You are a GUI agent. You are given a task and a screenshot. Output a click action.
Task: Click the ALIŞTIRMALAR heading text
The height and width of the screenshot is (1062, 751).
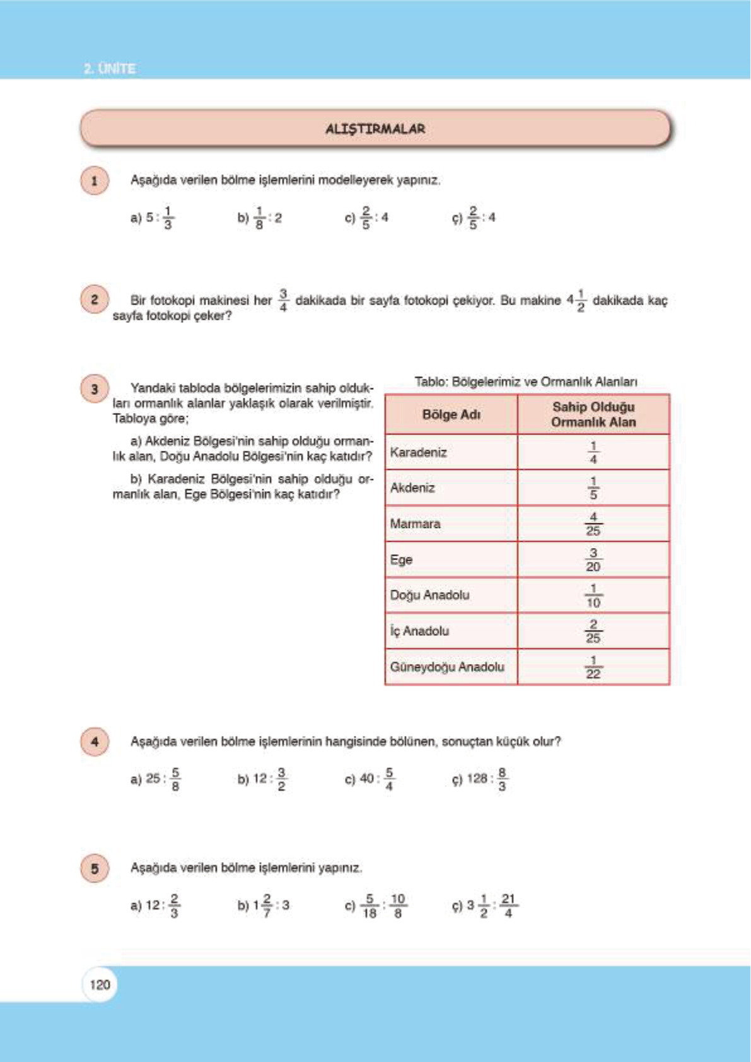[x=375, y=129]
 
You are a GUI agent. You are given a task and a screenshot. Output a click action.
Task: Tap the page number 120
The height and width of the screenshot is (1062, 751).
[x=100, y=984]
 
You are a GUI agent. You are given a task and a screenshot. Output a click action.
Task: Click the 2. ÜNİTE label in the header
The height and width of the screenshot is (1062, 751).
[x=110, y=68]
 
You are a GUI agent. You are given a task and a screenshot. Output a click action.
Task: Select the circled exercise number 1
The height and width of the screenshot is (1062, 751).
[x=95, y=181]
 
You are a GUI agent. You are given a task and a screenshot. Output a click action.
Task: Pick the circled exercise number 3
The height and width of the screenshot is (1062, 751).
[x=95, y=389]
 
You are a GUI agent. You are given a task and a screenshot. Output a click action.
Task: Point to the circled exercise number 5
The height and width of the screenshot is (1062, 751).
[x=95, y=868]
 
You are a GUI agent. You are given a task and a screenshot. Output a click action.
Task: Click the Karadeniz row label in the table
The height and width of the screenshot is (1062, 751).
[x=418, y=452]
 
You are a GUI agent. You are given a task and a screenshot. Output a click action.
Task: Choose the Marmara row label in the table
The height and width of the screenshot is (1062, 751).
[x=415, y=523]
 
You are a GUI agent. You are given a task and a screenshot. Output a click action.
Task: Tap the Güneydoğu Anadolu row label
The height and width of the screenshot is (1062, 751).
[x=447, y=667]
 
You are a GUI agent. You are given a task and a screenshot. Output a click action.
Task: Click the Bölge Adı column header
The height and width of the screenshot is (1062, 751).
[x=451, y=414]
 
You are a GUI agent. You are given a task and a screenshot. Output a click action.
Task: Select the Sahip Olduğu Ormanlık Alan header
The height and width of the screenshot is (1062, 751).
[x=593, y=414]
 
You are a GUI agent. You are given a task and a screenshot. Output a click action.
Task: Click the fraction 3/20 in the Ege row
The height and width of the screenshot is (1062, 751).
[x=593, y=559]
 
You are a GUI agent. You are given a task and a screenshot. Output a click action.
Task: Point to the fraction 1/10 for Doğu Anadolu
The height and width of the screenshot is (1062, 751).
[x=593, y=595]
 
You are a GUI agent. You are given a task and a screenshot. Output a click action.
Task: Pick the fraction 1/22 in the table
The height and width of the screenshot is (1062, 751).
[x=593, y=667]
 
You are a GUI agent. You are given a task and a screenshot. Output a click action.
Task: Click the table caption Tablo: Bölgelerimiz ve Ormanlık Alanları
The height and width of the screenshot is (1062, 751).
[x=526, y=382]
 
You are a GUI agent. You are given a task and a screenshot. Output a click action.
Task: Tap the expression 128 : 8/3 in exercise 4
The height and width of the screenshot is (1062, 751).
[x=487, y=779]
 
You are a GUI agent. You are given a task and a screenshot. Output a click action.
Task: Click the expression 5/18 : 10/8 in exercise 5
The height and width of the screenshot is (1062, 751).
[x=383, y=906]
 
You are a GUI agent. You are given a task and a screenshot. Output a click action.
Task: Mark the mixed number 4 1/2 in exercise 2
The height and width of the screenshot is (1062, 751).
[x=576, y=300]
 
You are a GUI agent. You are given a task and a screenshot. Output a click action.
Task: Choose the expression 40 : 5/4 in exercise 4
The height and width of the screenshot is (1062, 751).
[x=377, y=779]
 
